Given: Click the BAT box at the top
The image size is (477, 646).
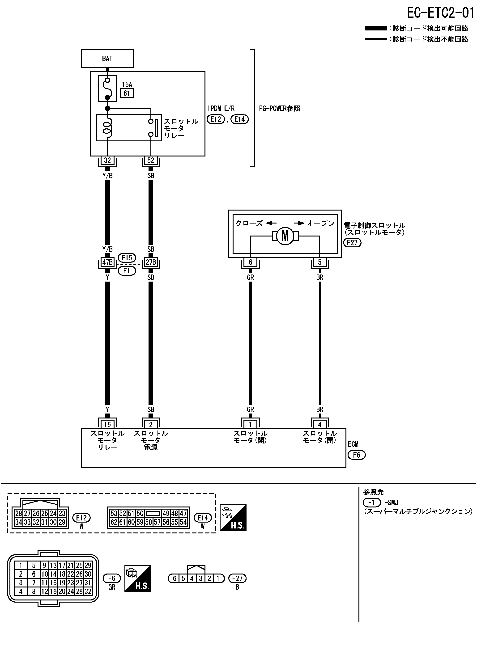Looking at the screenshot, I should (107, 59).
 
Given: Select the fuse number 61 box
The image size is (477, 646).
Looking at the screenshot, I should (127, 93).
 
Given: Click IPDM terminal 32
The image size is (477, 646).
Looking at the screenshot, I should (107, 160).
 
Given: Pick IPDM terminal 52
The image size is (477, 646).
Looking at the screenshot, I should (151, 160).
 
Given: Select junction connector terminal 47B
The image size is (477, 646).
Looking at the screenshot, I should (107, 262).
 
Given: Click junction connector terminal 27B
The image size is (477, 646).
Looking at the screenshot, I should (151, 262).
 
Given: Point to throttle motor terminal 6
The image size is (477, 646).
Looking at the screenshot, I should (250, 262).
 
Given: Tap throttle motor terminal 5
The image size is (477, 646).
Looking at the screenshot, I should (320, 262).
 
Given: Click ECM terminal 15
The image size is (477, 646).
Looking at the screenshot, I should (107, 424).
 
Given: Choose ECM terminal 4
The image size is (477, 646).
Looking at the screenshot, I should (320, 424).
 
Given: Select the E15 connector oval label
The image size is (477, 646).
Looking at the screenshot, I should (127, 258).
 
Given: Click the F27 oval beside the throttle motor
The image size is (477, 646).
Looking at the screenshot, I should (352, 243).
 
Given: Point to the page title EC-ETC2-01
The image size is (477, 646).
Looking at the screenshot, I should (440, 13).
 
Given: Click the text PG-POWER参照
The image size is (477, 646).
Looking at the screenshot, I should (280, 109).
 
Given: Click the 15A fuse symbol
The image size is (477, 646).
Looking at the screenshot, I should (107, 88).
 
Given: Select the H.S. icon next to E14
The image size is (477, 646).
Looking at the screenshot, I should (233, 518).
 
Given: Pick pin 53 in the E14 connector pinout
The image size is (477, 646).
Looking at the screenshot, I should (114, 513).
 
